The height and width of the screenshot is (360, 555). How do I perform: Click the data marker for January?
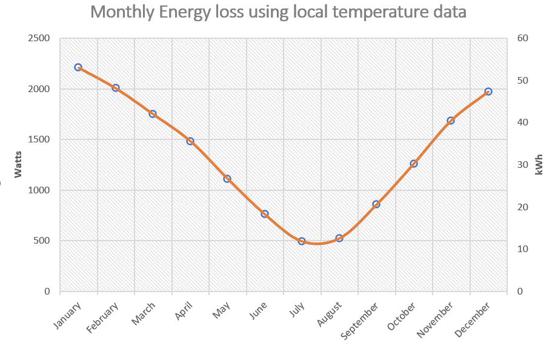[x=78, y=67]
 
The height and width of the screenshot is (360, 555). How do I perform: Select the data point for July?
[x=302, y=241]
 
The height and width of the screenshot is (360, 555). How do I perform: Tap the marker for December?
[x=488, y=92]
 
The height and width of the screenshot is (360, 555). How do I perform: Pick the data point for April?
[x=190, y=141]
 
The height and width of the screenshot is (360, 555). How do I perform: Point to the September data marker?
[x=376, y=204]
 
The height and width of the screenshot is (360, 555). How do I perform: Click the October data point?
[x=414, y=164]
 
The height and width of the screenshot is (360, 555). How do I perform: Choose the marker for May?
[x=227, y=179]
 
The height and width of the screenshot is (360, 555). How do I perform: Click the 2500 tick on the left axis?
[x=39, y=38]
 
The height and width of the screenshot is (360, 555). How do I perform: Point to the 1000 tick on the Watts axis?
[x=39, y=190]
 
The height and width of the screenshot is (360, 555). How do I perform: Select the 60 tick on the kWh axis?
[x=523, y=38]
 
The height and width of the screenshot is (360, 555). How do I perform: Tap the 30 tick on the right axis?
[x=523, y=165]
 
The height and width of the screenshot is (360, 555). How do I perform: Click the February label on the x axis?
[x=102, y=318]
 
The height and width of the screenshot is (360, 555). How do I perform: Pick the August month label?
[x=330, y=314]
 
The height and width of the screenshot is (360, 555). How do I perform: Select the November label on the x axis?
[x=435, y=319]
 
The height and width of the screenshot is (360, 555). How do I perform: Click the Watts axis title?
[x=18, y=164]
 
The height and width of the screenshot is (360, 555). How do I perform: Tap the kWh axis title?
[x=539, y=165]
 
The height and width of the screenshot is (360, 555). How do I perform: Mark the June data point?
[x=264, y=214]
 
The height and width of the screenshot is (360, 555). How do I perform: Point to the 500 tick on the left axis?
[x=42, y=241]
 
